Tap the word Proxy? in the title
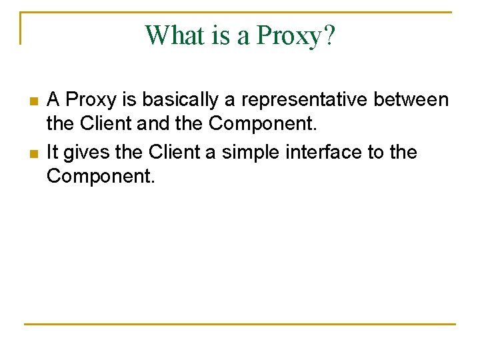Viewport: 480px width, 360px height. [297, 36]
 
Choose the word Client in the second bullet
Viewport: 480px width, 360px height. [175, 152]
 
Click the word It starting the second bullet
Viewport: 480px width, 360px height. [53, 152]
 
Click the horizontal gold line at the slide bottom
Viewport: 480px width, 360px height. [240, 325]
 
